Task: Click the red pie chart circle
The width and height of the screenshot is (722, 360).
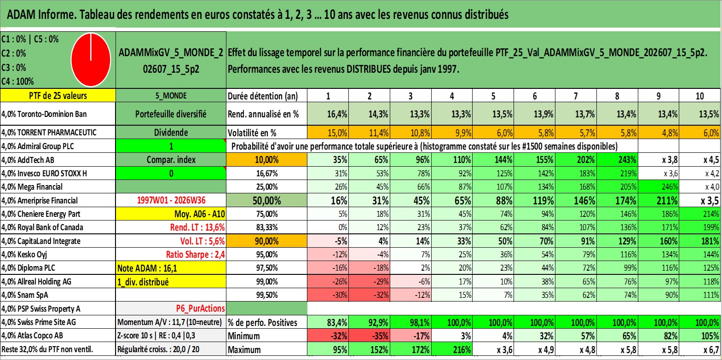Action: [x=91, y=60]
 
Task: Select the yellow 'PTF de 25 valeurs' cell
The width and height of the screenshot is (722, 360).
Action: [x=58, y=95]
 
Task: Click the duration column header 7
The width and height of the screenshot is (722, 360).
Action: [x=576, y=96]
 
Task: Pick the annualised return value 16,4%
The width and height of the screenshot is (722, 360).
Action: [x=337, y=114]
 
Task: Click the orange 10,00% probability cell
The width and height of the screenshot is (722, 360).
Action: [x=266, y=160]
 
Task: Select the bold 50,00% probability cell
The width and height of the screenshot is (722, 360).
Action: [x=266, y=200]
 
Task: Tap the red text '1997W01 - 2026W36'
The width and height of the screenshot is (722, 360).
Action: [x=171, y=200]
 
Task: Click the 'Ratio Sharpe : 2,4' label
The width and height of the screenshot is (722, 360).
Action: [x=195, y=255]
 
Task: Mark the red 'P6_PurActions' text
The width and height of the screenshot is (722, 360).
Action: [x=201, y=308]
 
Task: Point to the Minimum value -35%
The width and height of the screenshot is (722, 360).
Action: [x=381, y=336]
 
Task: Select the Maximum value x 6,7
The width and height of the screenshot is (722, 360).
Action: [x=710, y=350]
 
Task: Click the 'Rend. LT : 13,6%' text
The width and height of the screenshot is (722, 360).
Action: [x=197, y=227]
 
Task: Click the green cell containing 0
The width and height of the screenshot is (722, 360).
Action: [x=171, y=173]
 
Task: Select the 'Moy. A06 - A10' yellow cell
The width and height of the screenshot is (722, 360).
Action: [x=171, y=214]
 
